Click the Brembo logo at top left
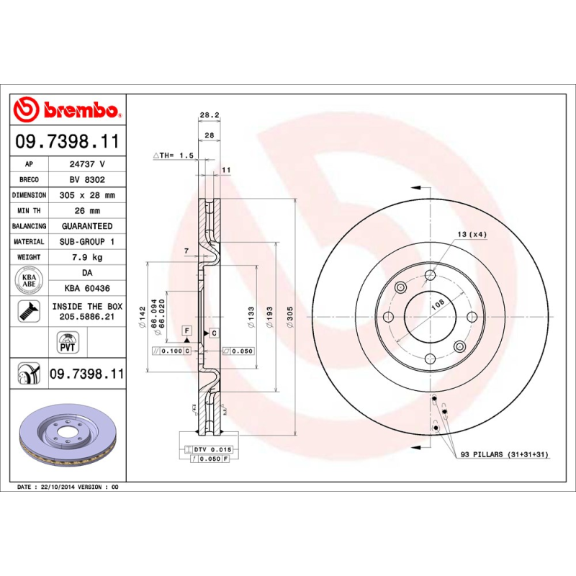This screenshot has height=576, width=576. pos(68,109)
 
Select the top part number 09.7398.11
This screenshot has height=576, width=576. pos(68,141)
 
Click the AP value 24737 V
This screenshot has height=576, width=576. pos(87,164)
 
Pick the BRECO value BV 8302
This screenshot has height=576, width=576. pos(87,180)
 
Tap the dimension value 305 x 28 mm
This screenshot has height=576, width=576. pos(87,195)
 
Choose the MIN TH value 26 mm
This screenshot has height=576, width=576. pos(87,211)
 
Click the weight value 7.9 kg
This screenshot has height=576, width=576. pos(87,257)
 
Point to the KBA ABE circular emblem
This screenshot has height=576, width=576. pos(30,280)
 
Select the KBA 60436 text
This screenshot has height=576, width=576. pos(87,288)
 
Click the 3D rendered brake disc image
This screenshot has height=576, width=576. pos(68,435)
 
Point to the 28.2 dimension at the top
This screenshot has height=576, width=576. pos(208,115)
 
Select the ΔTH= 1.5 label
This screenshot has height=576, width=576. pos(173,156)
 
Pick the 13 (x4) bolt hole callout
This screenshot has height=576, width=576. pos(472,235)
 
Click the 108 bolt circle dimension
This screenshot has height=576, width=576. pos(437,306)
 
